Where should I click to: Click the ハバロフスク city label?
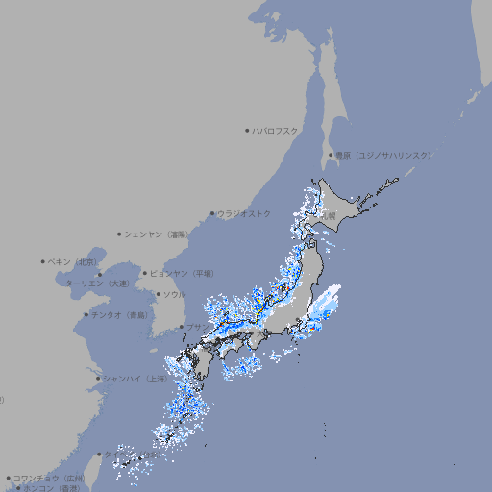click(276, 130)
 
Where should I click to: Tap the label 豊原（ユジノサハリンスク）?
click(383, 155)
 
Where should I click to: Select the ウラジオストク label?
click(244, 213)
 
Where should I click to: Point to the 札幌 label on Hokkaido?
click(330, 215)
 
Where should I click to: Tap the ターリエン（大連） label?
click(97, 283)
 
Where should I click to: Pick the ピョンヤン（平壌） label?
click(182, 273)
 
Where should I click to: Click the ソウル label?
click(174, 294)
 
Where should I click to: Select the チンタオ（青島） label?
click(119, 314)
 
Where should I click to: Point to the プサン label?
click(195, 327)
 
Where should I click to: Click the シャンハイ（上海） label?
click(135, 379)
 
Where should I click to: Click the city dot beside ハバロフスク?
click(247, 130)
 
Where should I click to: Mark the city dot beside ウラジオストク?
click(212, 213)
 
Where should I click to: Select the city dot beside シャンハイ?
click(98, 379)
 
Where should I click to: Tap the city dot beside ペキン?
click(43, 261)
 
